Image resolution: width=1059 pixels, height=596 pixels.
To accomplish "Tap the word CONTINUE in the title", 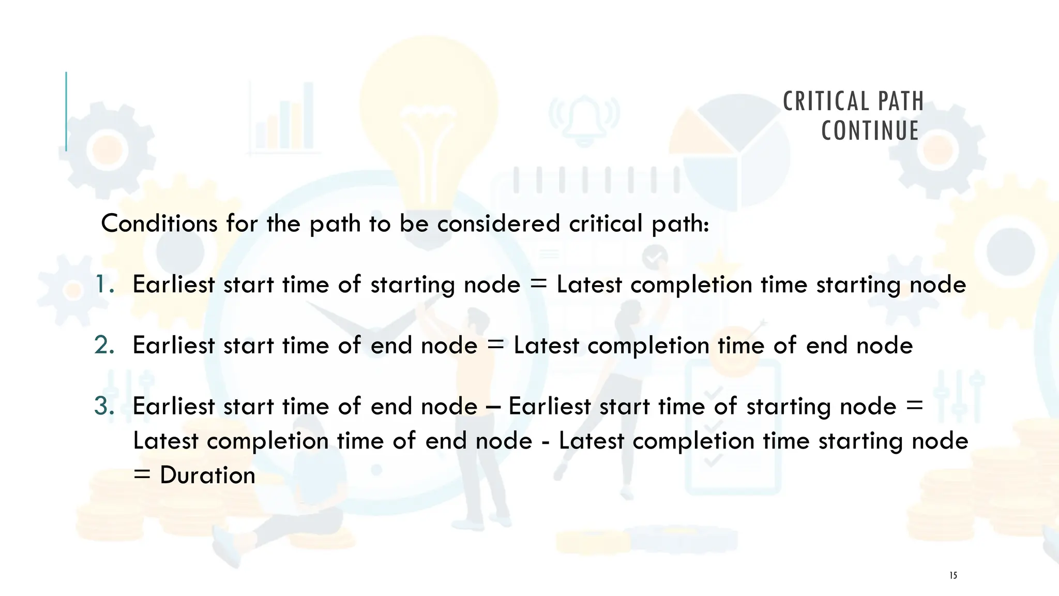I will click(x=870, y=130).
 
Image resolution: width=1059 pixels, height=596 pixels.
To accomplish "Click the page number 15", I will click(x=953, y=575).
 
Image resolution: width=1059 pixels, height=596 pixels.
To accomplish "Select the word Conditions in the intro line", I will click(x=159, y=224).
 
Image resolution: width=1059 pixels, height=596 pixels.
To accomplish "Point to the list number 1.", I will click(x=104, y=285).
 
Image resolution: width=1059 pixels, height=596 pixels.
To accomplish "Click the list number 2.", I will click(x=104, y=345).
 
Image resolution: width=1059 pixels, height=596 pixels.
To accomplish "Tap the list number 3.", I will click(x=104, y=406).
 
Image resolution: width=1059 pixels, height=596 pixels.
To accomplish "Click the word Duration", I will click(x=207, y=475).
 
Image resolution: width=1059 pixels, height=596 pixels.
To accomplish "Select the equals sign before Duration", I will click(x=142, y=475).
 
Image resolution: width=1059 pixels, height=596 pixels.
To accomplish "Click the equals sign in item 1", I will click(x=538, y=285).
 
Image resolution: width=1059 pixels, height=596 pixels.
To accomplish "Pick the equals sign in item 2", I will click(x=495, y=345).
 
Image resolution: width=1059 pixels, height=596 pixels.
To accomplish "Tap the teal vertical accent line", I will click(x=66, y=111).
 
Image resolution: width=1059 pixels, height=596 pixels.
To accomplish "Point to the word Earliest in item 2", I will click(x=173, y=345).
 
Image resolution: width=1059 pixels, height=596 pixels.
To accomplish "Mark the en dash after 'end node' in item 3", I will click(x=493, y=407).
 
